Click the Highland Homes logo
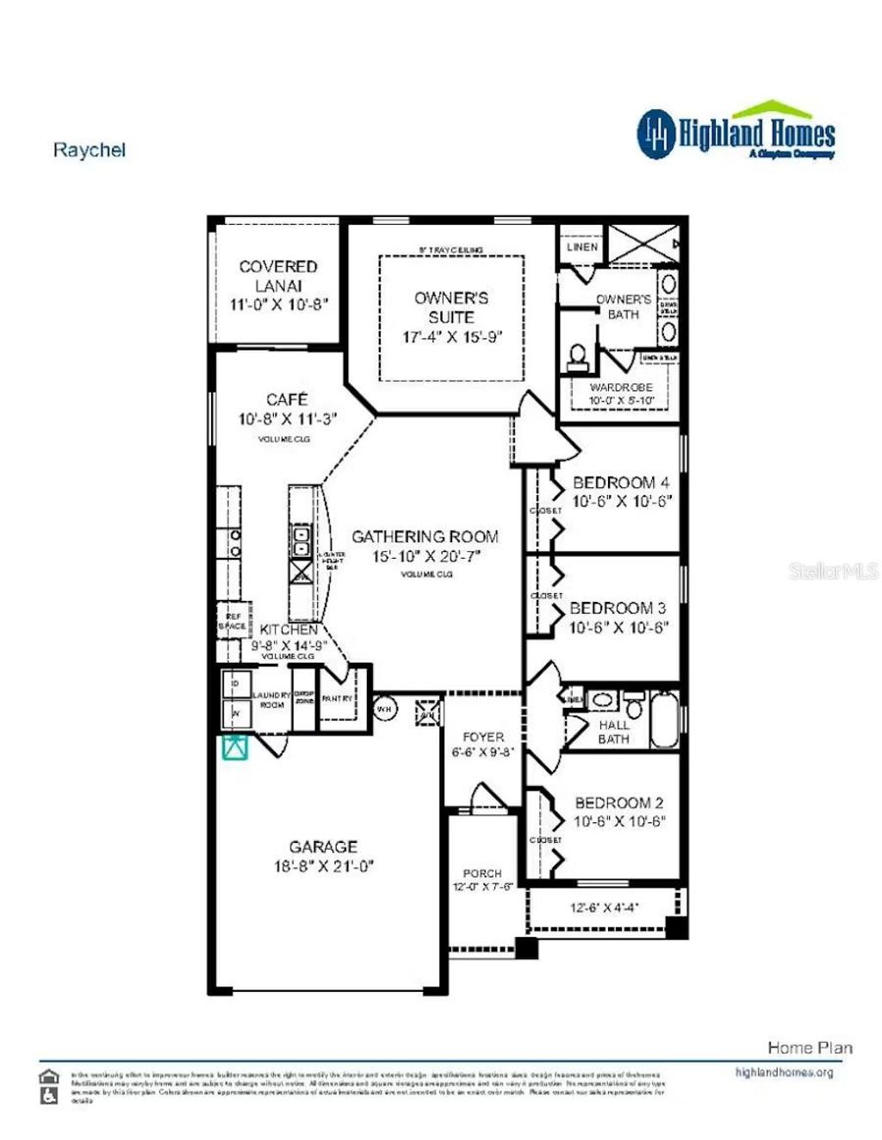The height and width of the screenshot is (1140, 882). [x=736, y=133]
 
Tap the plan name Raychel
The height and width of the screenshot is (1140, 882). [x=89, y=150]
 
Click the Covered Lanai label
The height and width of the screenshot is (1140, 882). [x=278, y=276]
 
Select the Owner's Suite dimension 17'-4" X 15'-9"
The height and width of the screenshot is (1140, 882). [x=451, y=337]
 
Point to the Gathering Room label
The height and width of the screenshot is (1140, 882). [x=425, y=536]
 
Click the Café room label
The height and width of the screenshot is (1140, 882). [x=287, y=400]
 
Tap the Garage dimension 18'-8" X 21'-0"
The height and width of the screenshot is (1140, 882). [x=323, y=866]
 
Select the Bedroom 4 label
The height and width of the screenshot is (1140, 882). [x=620, y=482]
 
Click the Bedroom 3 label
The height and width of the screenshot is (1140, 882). [x=618, y=608]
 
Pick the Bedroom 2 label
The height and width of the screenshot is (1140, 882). [x=619, y=802]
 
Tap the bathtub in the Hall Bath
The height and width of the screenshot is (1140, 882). [x=664, y=720]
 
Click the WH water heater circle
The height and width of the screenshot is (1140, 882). [x=384, y=709]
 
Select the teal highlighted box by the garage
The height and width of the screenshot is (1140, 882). [x=234, y=747]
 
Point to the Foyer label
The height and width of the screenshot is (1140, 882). [x=483, y=737]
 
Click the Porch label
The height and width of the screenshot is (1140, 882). [x=481, y=873]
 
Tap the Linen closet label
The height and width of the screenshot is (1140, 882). [x=582, y=246]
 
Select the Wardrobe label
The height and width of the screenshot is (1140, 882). [x=621, y=387]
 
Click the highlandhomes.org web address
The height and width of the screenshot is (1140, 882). [x=784, y=1072]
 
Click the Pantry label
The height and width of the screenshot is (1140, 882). [x=337, y=698]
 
